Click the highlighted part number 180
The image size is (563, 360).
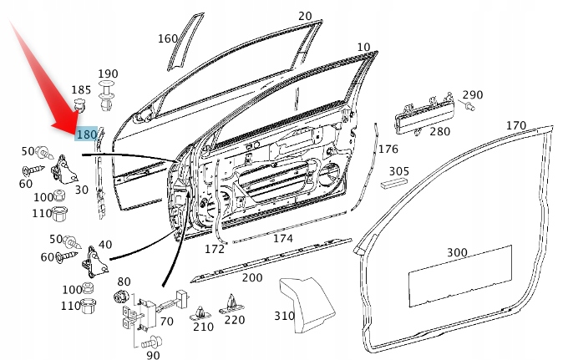[x=86, y=134]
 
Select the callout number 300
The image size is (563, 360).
[x=457, y=252]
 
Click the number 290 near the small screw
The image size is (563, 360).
[x=472, y=94]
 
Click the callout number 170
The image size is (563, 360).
[x=515, y=125]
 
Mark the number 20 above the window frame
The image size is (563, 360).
[x=304, y=16]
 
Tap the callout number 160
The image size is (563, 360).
[x=167, y=38]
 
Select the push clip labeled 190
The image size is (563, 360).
[x=107, y=94]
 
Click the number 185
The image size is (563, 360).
[x=81, y=89]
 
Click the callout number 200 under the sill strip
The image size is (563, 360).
[x=251, y=277]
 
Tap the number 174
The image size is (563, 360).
[x=283, y=238]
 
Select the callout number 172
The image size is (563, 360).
[x=215, y=249]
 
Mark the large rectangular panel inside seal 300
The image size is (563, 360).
[x=458, y=276]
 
